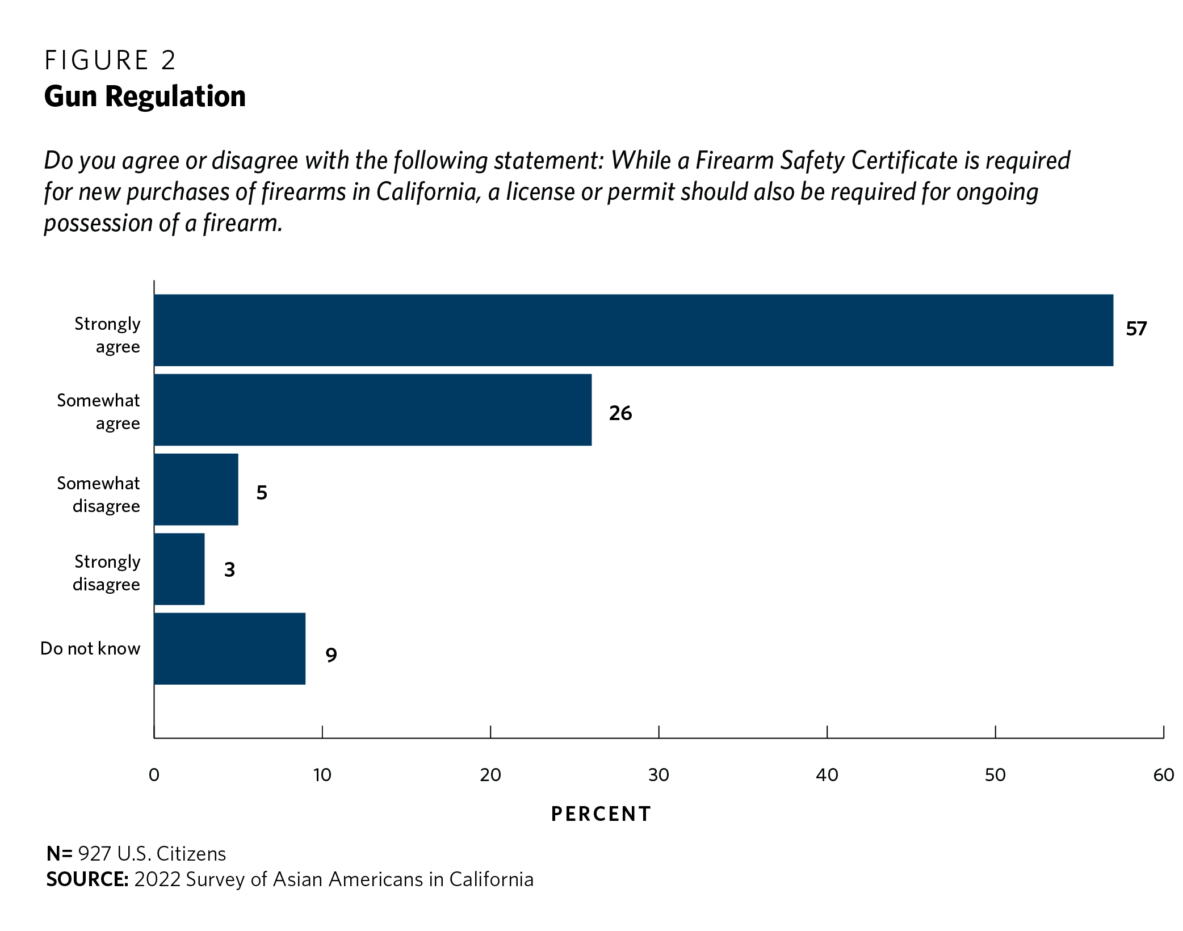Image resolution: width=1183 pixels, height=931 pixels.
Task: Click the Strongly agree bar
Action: (633, 330)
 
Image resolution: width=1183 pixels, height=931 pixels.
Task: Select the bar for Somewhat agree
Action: (372, 409)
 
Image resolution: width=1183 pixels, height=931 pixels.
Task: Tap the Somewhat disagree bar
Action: (196, 489)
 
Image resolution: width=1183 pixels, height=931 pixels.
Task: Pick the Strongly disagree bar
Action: (179, 569)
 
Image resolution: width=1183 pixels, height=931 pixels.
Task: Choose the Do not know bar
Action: (229, 648)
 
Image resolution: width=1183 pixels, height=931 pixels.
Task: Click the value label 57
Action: (1136, 329)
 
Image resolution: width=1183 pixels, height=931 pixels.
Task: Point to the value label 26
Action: (620, 413)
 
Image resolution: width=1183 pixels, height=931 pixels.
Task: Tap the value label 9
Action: (331, 655)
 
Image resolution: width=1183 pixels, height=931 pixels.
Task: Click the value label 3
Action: (229, 569)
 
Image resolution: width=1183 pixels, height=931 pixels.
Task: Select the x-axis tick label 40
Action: (827, 775)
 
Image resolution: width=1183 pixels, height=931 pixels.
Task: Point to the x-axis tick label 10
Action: (322, 775)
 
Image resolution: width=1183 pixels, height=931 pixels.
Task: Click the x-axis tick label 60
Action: (1163, 775)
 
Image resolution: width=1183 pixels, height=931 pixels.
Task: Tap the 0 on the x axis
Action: (154, 775)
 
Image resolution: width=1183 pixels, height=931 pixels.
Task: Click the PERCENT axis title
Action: (601, 814)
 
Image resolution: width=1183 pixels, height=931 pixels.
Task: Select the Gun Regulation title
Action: (145, 97)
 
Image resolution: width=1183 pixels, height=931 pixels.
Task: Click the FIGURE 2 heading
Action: (110, 60)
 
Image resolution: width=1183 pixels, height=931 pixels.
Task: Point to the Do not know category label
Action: (90, 648)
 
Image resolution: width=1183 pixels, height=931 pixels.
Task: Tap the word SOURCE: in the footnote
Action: (87, 879)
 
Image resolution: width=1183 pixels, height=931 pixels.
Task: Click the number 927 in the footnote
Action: (94, 854)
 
